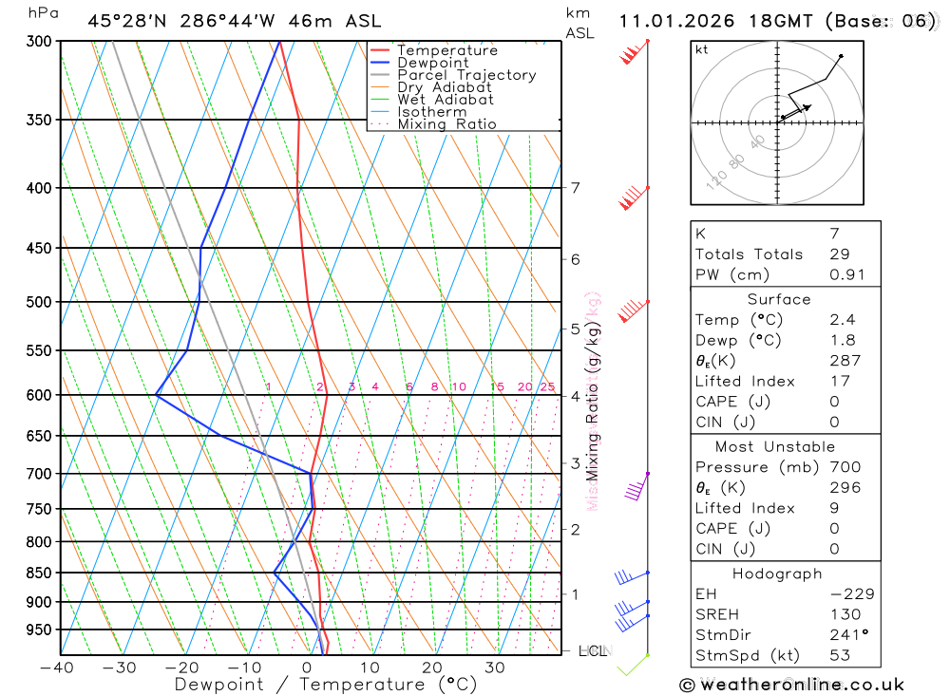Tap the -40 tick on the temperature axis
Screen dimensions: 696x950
[57, 668]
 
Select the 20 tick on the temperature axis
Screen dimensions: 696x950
[432, 668]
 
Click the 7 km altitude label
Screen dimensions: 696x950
[576, 187]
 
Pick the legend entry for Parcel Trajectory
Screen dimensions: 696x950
[466, 75]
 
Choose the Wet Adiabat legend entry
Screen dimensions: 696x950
[446, 100]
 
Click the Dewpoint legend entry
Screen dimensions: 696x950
[433, 63]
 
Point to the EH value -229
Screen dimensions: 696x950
[851, 594]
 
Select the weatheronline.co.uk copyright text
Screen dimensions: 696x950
[792, 685]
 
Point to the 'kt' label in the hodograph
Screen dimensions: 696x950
[702, 49]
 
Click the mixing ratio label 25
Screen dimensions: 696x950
[547, 386]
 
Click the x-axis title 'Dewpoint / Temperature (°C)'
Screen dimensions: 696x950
[326, 685]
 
